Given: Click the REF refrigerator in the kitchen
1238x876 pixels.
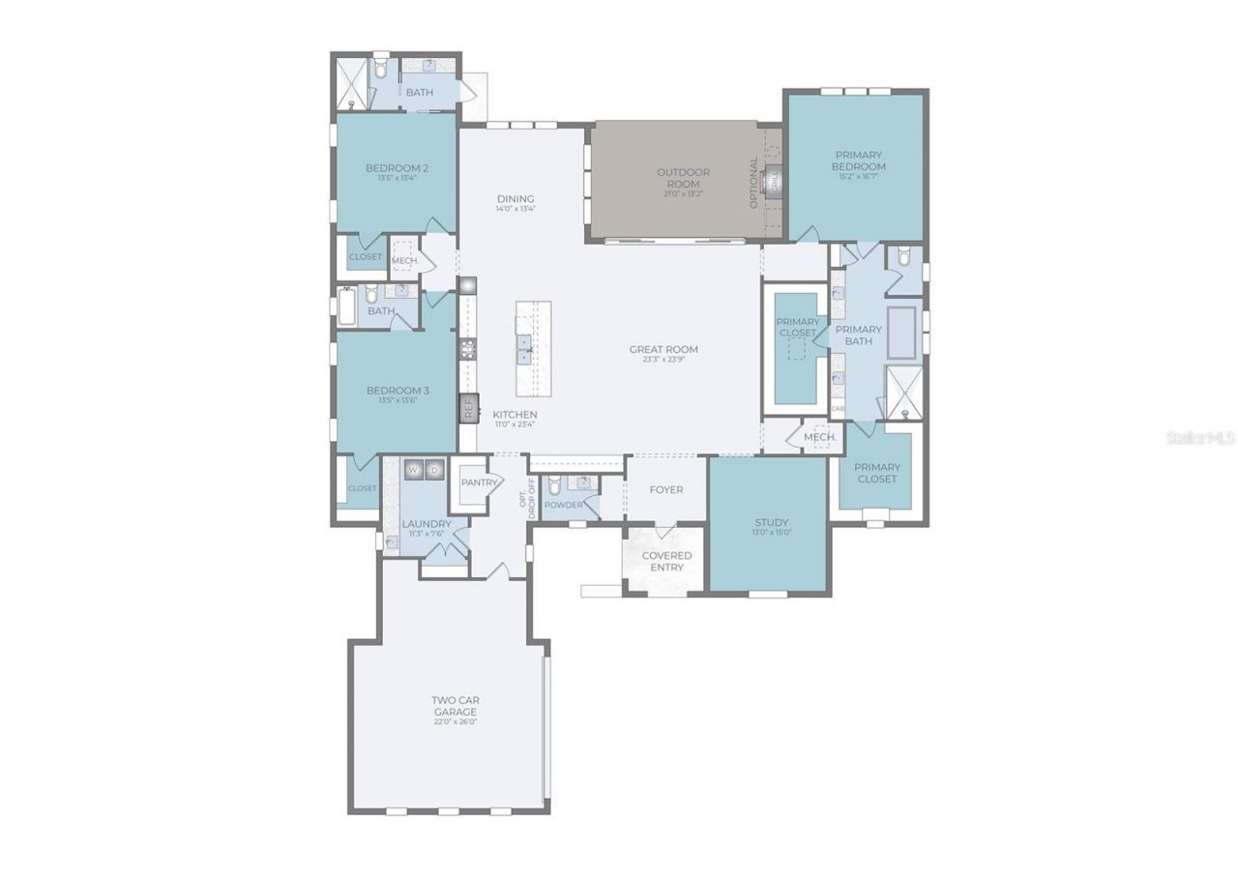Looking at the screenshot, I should pyautogui.click(x=468, y=407).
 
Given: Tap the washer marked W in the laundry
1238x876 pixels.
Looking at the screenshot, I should pyautogui.click(x=413, y=469).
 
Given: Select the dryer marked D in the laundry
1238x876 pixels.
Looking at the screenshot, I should pyautogui.click(x=434, y=469).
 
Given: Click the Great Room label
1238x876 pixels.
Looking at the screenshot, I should pyautogui.click(x=663, y=349).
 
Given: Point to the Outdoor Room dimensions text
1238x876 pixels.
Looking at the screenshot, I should pyautogui.click(x=683, y=193).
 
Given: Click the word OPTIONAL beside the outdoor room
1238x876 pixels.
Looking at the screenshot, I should pyautogui.click(x=754, y=182).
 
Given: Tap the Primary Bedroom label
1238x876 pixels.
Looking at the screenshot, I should pyautogui.click(x=858, y=160).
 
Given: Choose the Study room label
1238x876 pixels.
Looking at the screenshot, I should pyautogui.click(x=771, y=522).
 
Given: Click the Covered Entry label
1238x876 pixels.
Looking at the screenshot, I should pyautogui.click(x=666, y=561).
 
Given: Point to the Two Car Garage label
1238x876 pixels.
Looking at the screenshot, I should pyautogui.click(x=455, y=705).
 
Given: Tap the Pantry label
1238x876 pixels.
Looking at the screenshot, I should pyautogui.click(x=479, y=482).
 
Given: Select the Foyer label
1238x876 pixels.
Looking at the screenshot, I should pyautogui.click(x=665, y=489).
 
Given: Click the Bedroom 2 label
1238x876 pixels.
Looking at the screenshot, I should pyautogui.click(x=397, y=168).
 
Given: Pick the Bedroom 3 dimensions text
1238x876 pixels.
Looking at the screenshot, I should pyautogui.click(x=397, y=401).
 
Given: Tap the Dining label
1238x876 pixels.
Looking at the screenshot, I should pyautogui.click(x=516, y=198).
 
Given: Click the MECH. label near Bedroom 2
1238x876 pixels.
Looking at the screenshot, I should pyautogui.click(x=404, y=260).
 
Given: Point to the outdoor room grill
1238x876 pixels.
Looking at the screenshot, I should pyautogui.click(x=773, y=180).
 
